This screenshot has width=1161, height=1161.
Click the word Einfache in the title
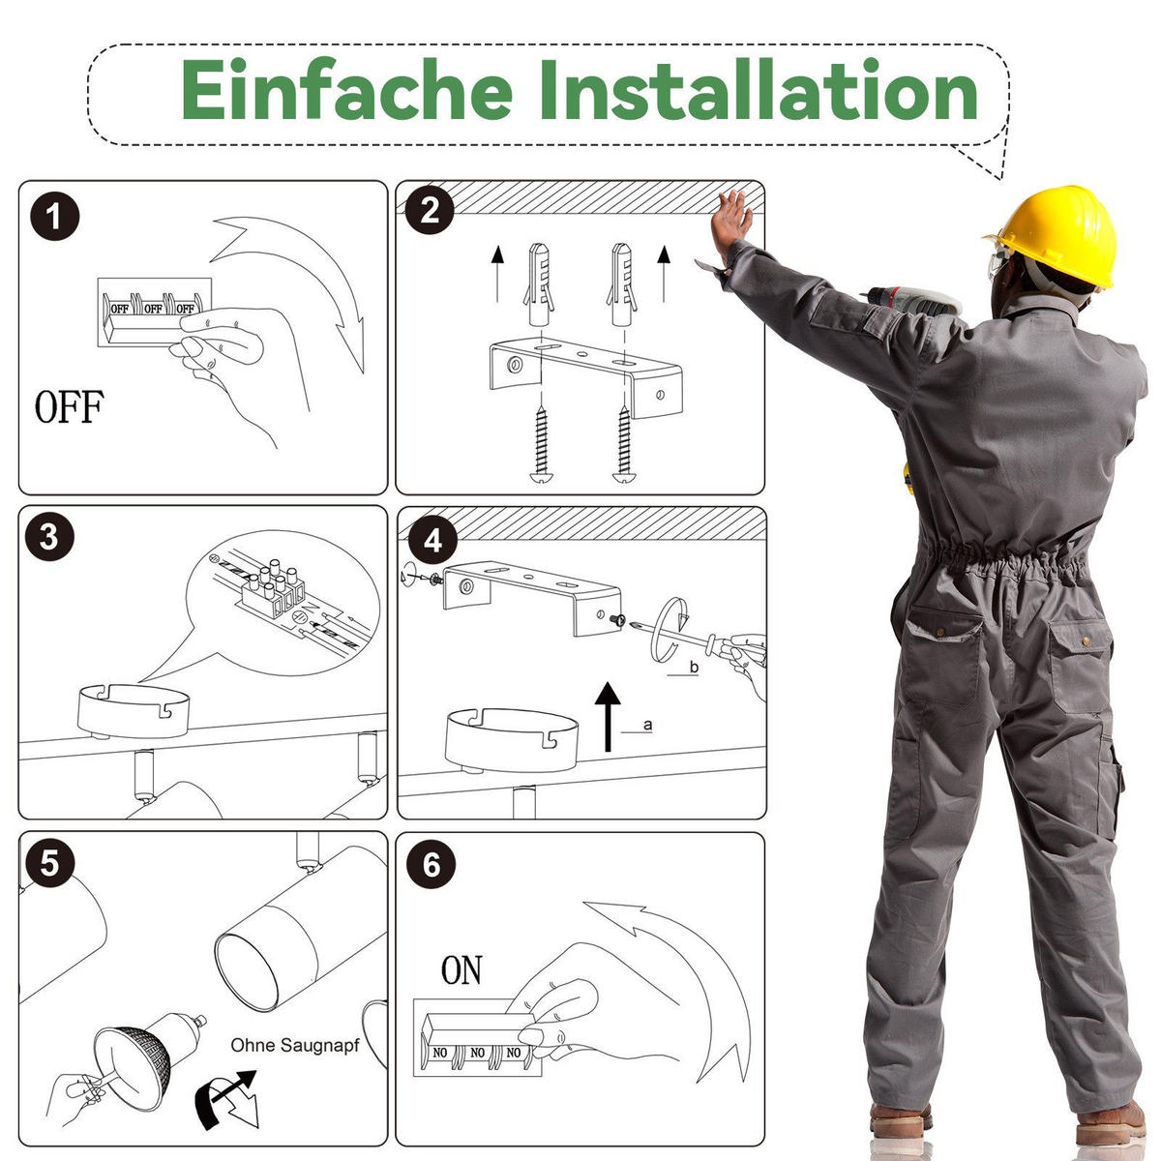pyautogui.click(x=347, y=89)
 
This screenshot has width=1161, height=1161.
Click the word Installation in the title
pyautogui.click(x=758, y=89)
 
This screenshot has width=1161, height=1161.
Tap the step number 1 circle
pyautogui.click(x=55, y=217)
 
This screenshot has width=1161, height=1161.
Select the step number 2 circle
pyautogui.click(x=430, y=210)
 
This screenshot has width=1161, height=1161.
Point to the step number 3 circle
pyautogui.click(x=49, y=536)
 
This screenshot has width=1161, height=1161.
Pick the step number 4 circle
pyautogui.click(x=432, y=541)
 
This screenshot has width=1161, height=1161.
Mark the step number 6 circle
pyautogui.click(x=432, y=865)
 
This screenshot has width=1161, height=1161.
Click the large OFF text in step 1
pyautogui.click(x=70, y=406)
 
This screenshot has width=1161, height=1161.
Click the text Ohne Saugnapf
pyautogui.click(x=295, y=1045)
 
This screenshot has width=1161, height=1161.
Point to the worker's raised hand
pyautogui.click(x=731, y=221)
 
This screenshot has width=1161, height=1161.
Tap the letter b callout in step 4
pyautogui.click(x=694, y=667)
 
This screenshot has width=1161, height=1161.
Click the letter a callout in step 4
pyautogui.click(x=647, y=725)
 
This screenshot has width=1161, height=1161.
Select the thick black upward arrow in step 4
pyautogui.click(x=608, y=716)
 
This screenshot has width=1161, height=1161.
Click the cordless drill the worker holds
pyautogui.click(x=911, y=301)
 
